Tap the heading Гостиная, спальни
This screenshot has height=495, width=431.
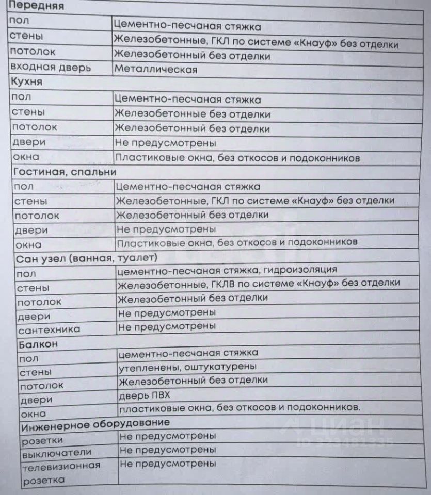coord(65,172)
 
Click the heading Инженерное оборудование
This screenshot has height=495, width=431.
coord(95,424)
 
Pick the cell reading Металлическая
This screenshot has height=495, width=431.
coord(156,70)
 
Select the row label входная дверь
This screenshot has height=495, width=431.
coord(50,68)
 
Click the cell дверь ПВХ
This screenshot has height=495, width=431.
coord(144,395)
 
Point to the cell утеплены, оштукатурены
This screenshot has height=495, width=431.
coord(187,367)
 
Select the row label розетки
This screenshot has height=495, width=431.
coord(42,440)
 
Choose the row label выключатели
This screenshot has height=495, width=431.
coord(56,453)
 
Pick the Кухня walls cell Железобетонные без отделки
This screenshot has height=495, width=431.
coord(192,114)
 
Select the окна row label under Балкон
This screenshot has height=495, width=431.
coord(33,414)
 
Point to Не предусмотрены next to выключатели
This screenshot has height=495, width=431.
coord(167,450)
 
